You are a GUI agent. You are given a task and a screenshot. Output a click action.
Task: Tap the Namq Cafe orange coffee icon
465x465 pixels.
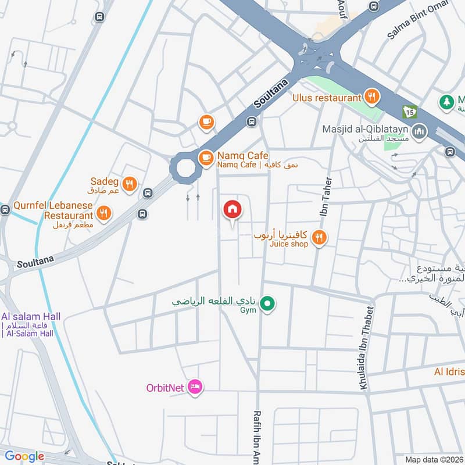[x=206, y=158]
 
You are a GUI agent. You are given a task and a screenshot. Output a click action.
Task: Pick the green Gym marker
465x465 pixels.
[x=267, y=303]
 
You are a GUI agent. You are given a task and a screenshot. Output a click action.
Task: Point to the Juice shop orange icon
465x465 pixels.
[x=319, y=237]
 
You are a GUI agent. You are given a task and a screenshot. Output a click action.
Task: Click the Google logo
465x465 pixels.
[x=24, y=456]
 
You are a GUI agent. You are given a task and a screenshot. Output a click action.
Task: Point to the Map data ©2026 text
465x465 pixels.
[x=433, y=459]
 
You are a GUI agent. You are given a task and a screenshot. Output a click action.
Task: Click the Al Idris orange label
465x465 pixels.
[x=449, y=371]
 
